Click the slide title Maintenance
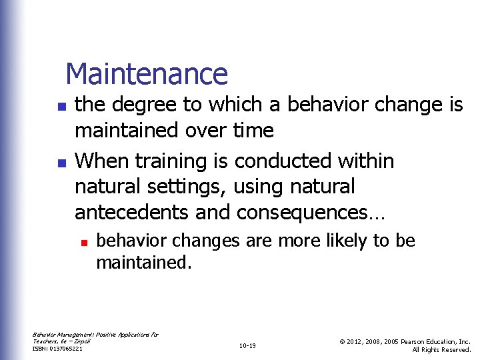point(147,73)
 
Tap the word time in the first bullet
point(253,130)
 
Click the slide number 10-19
point(247,345)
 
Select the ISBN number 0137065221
point(65,349)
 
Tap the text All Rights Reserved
point(441,349)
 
